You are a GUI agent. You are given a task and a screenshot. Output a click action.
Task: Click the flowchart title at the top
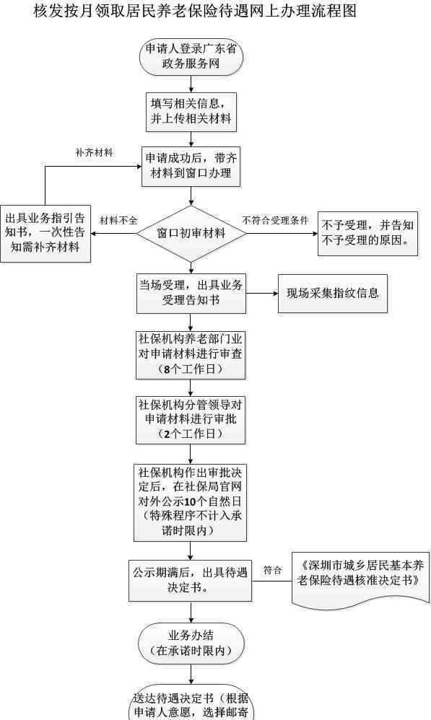[x=195, y=11]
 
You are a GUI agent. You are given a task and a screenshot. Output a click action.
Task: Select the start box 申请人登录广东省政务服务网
[x=191, y=57]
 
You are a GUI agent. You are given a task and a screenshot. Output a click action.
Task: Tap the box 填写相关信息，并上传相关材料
[x=191, y=112]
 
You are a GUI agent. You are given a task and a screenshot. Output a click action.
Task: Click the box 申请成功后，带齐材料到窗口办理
[x=191, y=166]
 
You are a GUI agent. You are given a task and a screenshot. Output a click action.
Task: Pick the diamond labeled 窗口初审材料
[x=191, y=233]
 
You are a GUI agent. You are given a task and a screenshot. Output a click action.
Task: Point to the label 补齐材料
[x=94, y=152]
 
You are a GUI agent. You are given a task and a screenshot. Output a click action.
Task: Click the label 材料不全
[x=118, y=221]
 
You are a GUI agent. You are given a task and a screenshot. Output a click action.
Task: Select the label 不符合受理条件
[x=275, y=221]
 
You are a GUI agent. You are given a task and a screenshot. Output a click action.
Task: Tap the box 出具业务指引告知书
[x=45, y=233]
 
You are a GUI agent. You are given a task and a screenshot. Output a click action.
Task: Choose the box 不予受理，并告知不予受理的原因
[x=367, y=233]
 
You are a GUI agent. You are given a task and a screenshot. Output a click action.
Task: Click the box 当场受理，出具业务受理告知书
[x=191, y=294]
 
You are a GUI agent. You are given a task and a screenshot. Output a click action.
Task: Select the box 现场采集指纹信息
[x=333, y=294]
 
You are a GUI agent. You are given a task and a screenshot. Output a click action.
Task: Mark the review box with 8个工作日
[x=191, y=354]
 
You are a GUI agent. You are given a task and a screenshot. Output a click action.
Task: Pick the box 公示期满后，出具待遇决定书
[x=190, y=581]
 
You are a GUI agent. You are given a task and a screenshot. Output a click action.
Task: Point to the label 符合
[x=272, y=571]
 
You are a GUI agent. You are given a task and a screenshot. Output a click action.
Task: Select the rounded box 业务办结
[x=191, y=644]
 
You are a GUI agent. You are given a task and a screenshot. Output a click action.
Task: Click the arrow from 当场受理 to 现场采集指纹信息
[x=262, y=294]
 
